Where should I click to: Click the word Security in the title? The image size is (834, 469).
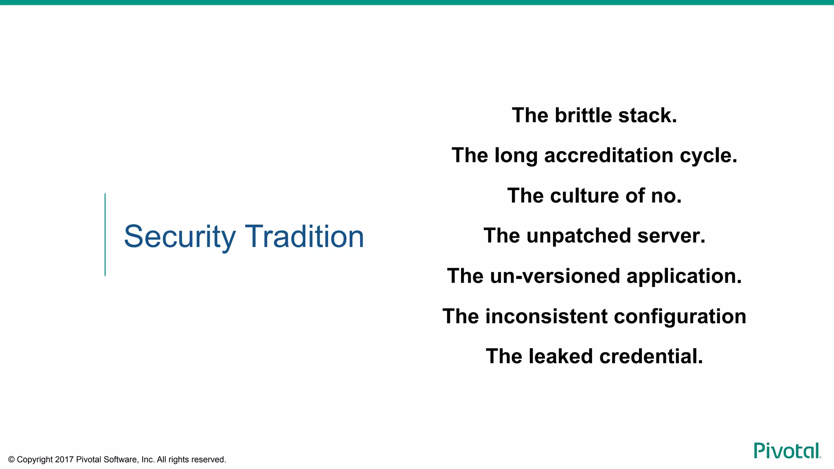180,237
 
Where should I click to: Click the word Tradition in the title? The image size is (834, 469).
304,237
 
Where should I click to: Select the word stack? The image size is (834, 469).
647,115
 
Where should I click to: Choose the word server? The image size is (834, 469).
671,236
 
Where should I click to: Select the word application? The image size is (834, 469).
684,276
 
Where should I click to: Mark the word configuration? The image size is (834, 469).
680,317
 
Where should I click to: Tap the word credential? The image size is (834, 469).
651,356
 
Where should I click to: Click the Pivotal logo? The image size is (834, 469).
787,451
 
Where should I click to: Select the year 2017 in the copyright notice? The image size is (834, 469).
64,460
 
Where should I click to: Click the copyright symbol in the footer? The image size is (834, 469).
11,460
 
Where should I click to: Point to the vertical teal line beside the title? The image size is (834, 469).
105,235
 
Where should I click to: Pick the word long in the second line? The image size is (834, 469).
516,156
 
